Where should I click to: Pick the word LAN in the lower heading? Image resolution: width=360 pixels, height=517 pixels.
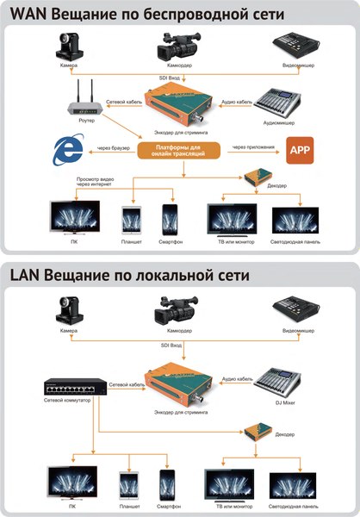[28, 276]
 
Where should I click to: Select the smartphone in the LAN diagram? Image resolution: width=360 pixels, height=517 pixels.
[168, 483]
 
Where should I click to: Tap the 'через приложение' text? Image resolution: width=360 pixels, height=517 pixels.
[251, 146]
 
